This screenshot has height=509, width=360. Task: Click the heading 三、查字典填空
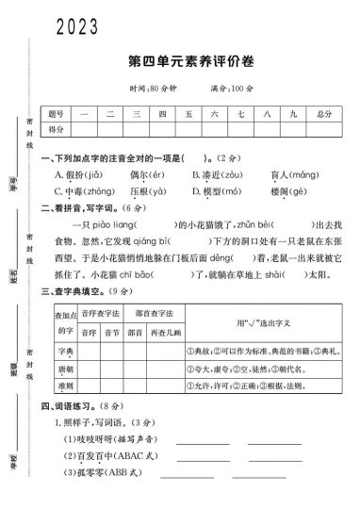coord(78,291)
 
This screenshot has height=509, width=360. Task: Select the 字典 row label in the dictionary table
coord(63,350)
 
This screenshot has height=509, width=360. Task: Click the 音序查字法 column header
coord(101,311)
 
